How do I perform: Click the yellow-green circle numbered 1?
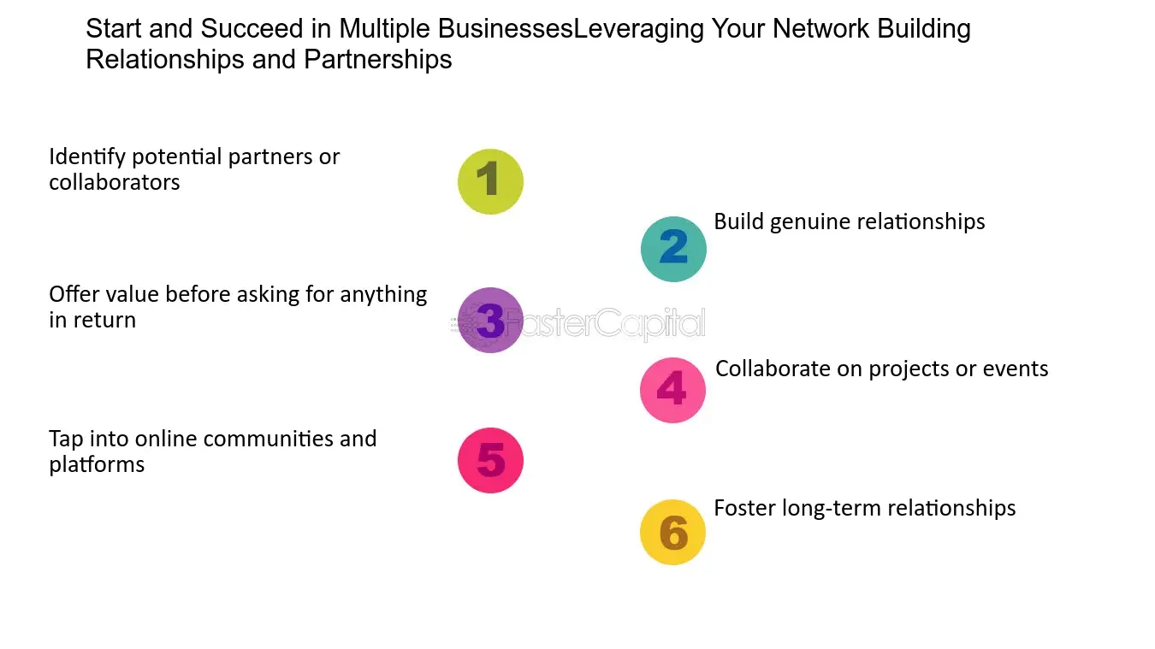click(490, 181)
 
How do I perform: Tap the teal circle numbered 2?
click(673, 249)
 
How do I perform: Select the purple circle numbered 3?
click(490, 321)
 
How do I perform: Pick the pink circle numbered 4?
click(672, 390)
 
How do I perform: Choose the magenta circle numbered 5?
click(490, 460)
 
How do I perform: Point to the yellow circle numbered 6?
click(672, 532)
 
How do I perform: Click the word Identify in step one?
click(87, 157)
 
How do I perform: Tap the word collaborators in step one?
click(115, 182)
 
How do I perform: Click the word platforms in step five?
click(97, 465)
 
